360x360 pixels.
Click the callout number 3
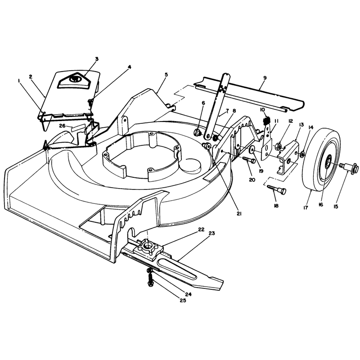point(97,59)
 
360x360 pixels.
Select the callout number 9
point(265,78)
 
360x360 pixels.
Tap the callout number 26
point(62,126)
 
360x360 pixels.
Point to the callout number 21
point(239,213)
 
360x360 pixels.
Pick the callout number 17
point(306,207)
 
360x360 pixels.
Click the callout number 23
point(211,233)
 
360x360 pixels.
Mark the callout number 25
point(183,300)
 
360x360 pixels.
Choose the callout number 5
point(166,75)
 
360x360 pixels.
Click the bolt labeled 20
point(248,159)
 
